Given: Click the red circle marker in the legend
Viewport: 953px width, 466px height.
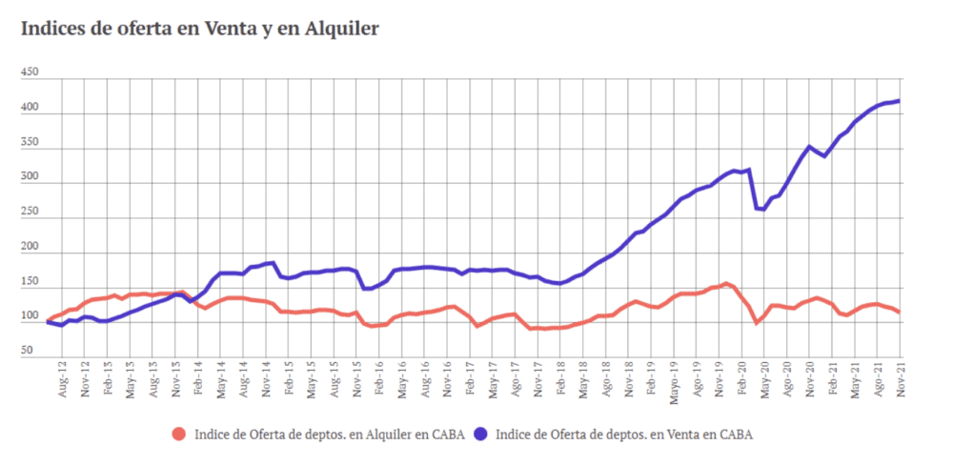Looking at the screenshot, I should (178, 435).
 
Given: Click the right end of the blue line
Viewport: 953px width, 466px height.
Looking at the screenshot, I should (900, 101).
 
